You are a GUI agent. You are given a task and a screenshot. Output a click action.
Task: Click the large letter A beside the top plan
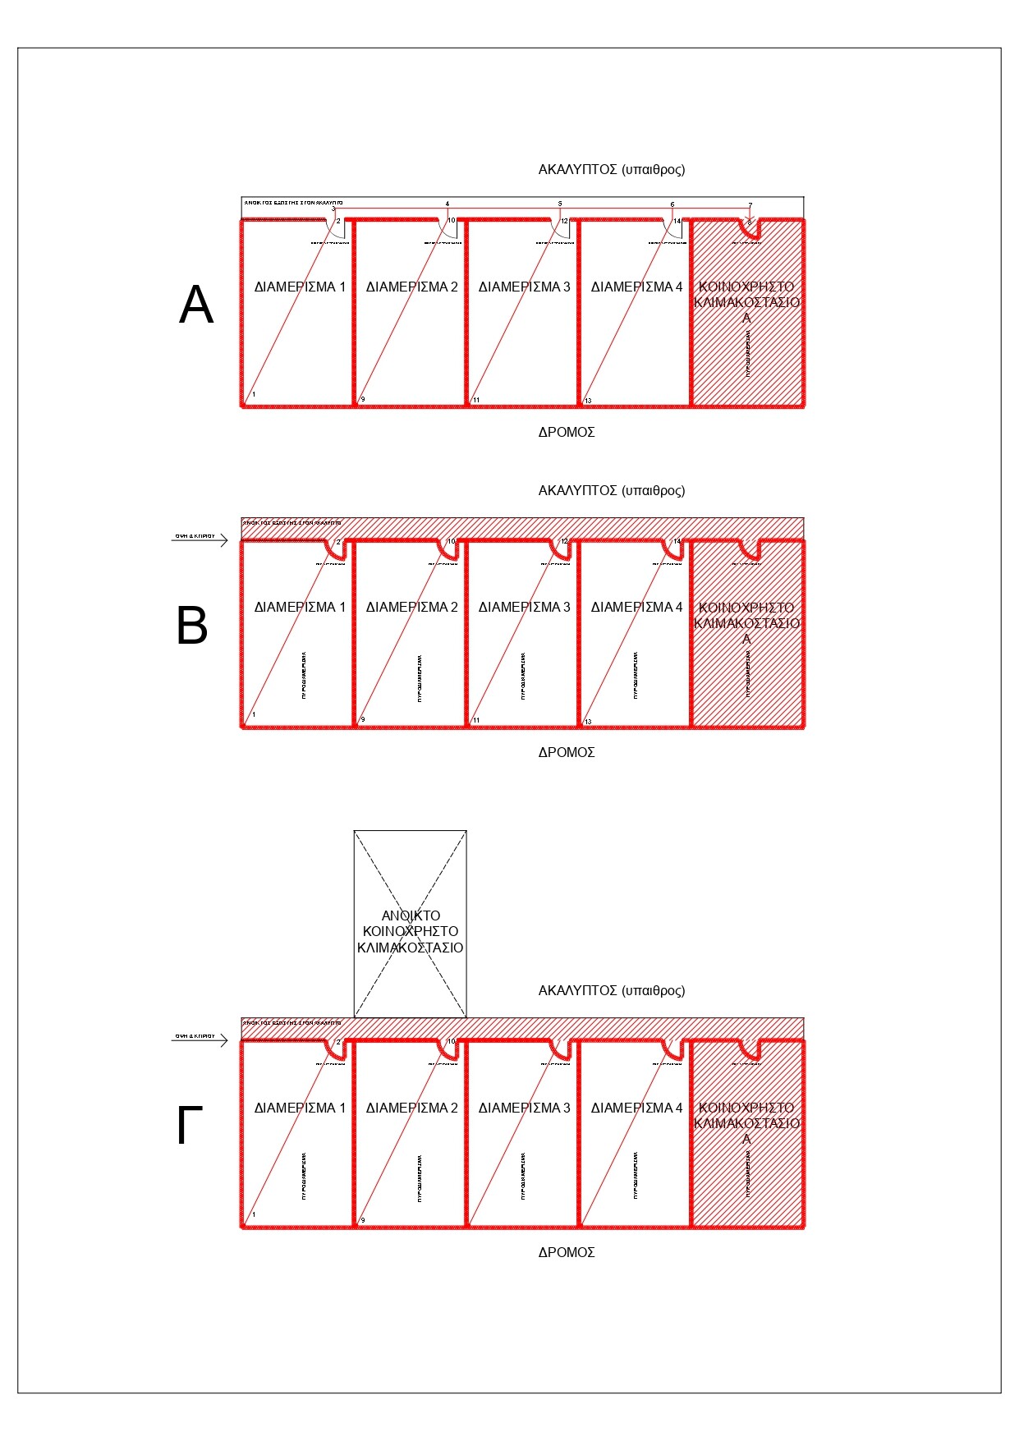click(196, 305)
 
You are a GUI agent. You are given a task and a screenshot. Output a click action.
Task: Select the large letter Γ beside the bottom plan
click(190, 1127)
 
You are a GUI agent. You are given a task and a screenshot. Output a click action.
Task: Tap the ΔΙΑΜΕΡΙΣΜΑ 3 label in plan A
click(524, 287)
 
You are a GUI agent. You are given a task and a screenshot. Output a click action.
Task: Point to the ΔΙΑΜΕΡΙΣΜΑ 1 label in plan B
click(300, 608)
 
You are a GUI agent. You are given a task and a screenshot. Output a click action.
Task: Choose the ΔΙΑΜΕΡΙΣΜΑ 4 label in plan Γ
click(636, 1108)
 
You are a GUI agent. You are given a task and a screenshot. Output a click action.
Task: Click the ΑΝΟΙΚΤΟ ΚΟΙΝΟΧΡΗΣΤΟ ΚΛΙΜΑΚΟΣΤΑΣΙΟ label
click(410, 931)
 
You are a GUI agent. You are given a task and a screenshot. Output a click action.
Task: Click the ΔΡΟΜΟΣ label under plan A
click(567, 432)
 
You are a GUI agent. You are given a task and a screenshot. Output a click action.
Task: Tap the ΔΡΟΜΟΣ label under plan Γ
click(567, 1252)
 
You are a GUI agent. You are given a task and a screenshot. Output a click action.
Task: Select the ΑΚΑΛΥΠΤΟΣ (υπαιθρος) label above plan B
click(611, 490)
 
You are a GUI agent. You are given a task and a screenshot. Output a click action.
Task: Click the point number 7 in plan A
click(750, 205)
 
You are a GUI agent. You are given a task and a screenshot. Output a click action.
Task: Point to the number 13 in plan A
click(588, 401)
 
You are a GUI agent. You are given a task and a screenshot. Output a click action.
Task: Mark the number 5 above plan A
click(560, 204)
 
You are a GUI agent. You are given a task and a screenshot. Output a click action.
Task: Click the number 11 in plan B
click(476, 720)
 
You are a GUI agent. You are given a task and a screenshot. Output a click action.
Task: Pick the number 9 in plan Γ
click(363, 1220)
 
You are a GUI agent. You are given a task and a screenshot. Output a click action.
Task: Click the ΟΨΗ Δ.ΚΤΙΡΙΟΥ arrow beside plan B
click(200, 540)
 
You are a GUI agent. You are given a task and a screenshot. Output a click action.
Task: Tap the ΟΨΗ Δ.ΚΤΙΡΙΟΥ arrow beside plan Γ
click(200, 1040)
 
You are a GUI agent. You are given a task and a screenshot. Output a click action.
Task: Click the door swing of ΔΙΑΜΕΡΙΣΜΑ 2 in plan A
click(448, 230)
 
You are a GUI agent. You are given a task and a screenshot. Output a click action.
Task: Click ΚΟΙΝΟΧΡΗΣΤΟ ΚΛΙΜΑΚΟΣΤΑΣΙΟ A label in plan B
click(746, 622)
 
